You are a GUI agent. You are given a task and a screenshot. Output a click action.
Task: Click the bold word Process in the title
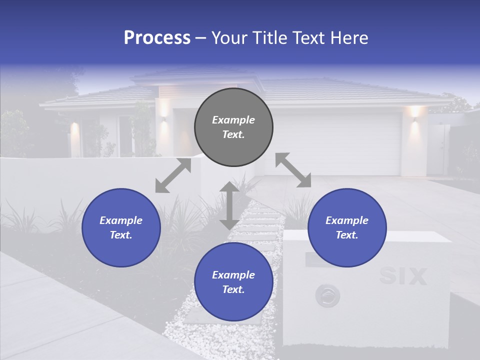pos(157,38)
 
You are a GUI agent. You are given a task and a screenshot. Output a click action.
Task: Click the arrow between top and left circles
pos(173,175)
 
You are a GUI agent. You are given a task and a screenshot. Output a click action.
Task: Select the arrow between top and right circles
pos(293,170)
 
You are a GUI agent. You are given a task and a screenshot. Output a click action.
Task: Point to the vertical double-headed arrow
pos(229,205)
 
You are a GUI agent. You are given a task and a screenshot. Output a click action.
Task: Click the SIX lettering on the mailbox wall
pos(403,276)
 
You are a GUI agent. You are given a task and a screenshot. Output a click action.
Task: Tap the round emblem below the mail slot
pos(327,296)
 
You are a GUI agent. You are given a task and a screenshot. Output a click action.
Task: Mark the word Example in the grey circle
pos(233,120)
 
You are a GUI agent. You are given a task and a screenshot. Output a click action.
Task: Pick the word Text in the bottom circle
pos(232,289)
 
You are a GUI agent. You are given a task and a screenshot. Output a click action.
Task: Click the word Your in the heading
pos(229,38)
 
